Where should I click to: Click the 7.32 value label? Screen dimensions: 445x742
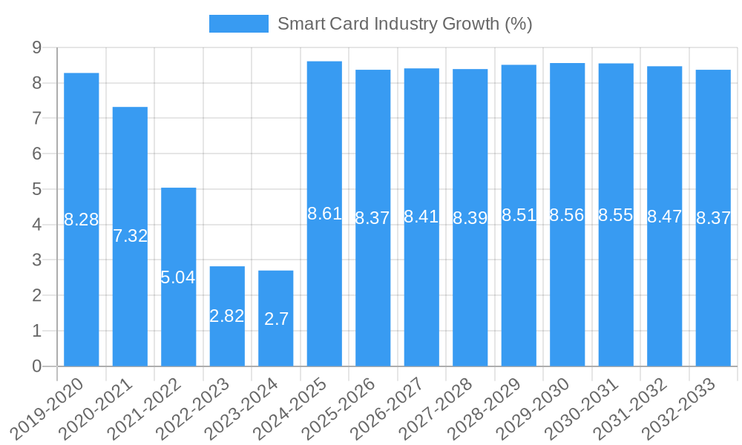click(x=130, y=236)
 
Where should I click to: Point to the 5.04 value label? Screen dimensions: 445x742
click(x=178, y=277)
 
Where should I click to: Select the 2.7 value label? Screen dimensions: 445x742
click(x=276, y=319)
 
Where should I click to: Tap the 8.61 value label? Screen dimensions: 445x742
click(x=324, y=214)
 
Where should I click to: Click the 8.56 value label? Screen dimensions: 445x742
click(x=567, y=215)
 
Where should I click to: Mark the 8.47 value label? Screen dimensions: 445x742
click(x=664, y=217)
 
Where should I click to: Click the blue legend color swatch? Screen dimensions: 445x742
click(x=238, y=24)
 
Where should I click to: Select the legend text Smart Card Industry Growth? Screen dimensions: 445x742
click(x=404, y=24)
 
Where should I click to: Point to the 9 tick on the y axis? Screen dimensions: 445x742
click(x=36, y=47)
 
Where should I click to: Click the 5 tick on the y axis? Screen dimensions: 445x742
click(x=36, y=189)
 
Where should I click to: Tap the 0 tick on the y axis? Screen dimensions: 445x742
click(x=36, y=366)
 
